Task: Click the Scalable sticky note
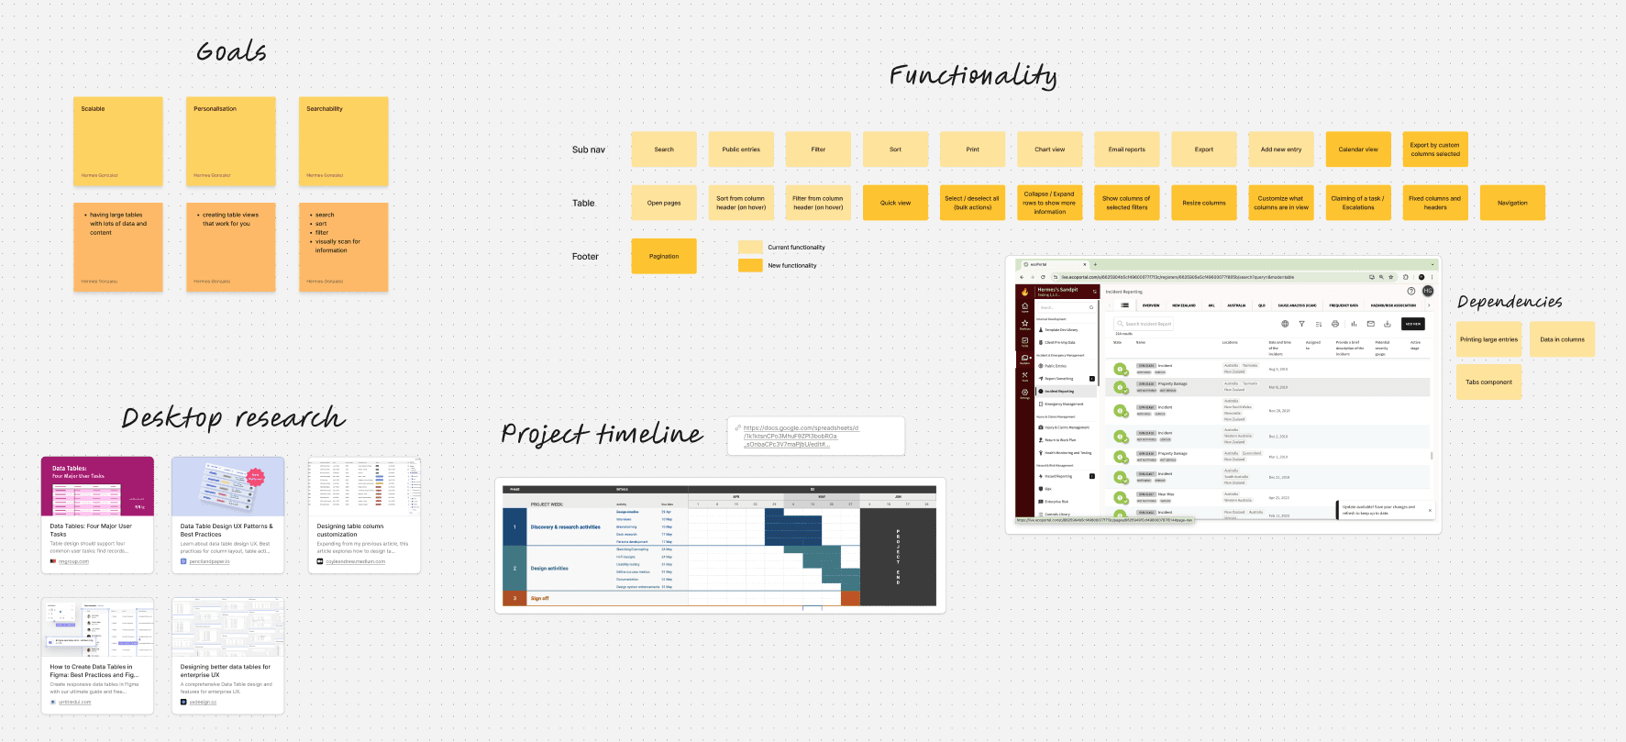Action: tap(117, 141)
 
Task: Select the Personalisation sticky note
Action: tap(230, 141)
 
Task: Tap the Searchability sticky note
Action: tap(343, 141)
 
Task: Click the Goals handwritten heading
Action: tap(231, 52)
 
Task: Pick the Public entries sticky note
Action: tap(741, 150)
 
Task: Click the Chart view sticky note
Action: tap(1049, 150)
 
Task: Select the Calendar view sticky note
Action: tap(1357, 150)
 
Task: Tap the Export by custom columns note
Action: tap(1434, 150)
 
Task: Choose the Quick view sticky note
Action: tap(895, 203)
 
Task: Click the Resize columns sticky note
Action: tap(1203, 203)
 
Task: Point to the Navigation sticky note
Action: tap(1511, 203)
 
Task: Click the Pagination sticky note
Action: tap(664, 256)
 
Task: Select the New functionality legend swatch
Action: tap(750, 265)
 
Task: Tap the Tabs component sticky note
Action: tap(1488, 382)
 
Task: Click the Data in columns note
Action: tap(1562, 339)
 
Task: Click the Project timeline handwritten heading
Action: tap(602, 433)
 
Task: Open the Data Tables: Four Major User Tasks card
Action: tap(97, 515)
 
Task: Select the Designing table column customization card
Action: tap(364, 515)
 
